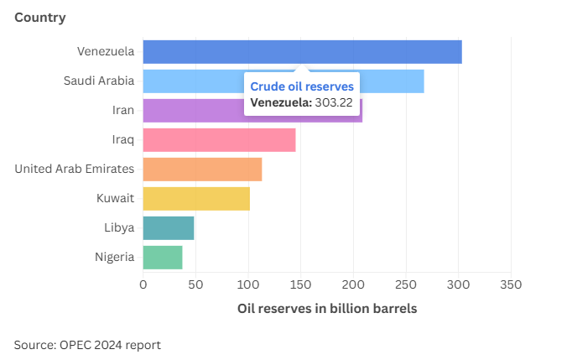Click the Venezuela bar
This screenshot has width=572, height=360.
(302, 52)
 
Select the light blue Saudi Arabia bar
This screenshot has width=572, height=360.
(193, 81)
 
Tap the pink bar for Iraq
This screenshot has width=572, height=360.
(219, 140)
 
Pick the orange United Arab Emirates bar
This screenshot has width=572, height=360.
(202, 170)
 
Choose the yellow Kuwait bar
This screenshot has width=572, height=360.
(196, 199)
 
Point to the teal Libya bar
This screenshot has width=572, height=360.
(169, 228)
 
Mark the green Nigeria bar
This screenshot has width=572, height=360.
(163, 257)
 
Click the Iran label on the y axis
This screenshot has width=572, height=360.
(122, 111)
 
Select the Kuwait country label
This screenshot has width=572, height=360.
(116, 199)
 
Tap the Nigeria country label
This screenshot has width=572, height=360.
(114, 257)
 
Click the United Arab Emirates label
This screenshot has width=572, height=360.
(75, 170)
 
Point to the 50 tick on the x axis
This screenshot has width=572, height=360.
(195, 284)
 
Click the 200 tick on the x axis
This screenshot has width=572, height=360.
(353, 284)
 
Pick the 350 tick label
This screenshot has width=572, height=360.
(511, 284)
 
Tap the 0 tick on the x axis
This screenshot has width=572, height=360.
(143, 284)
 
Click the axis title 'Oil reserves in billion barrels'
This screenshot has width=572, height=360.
(327, 309)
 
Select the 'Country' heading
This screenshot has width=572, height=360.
(40, 18)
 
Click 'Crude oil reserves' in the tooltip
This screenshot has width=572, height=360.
(302, 87)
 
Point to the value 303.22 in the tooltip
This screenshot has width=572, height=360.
(334, 103)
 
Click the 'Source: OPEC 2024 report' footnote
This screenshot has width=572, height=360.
(87, 345)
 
